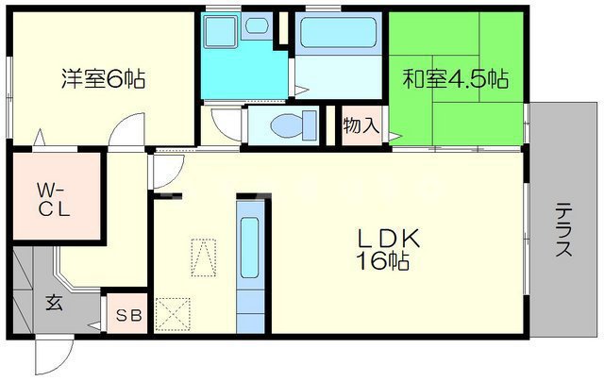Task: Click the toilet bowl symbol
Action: click(288, 125)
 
